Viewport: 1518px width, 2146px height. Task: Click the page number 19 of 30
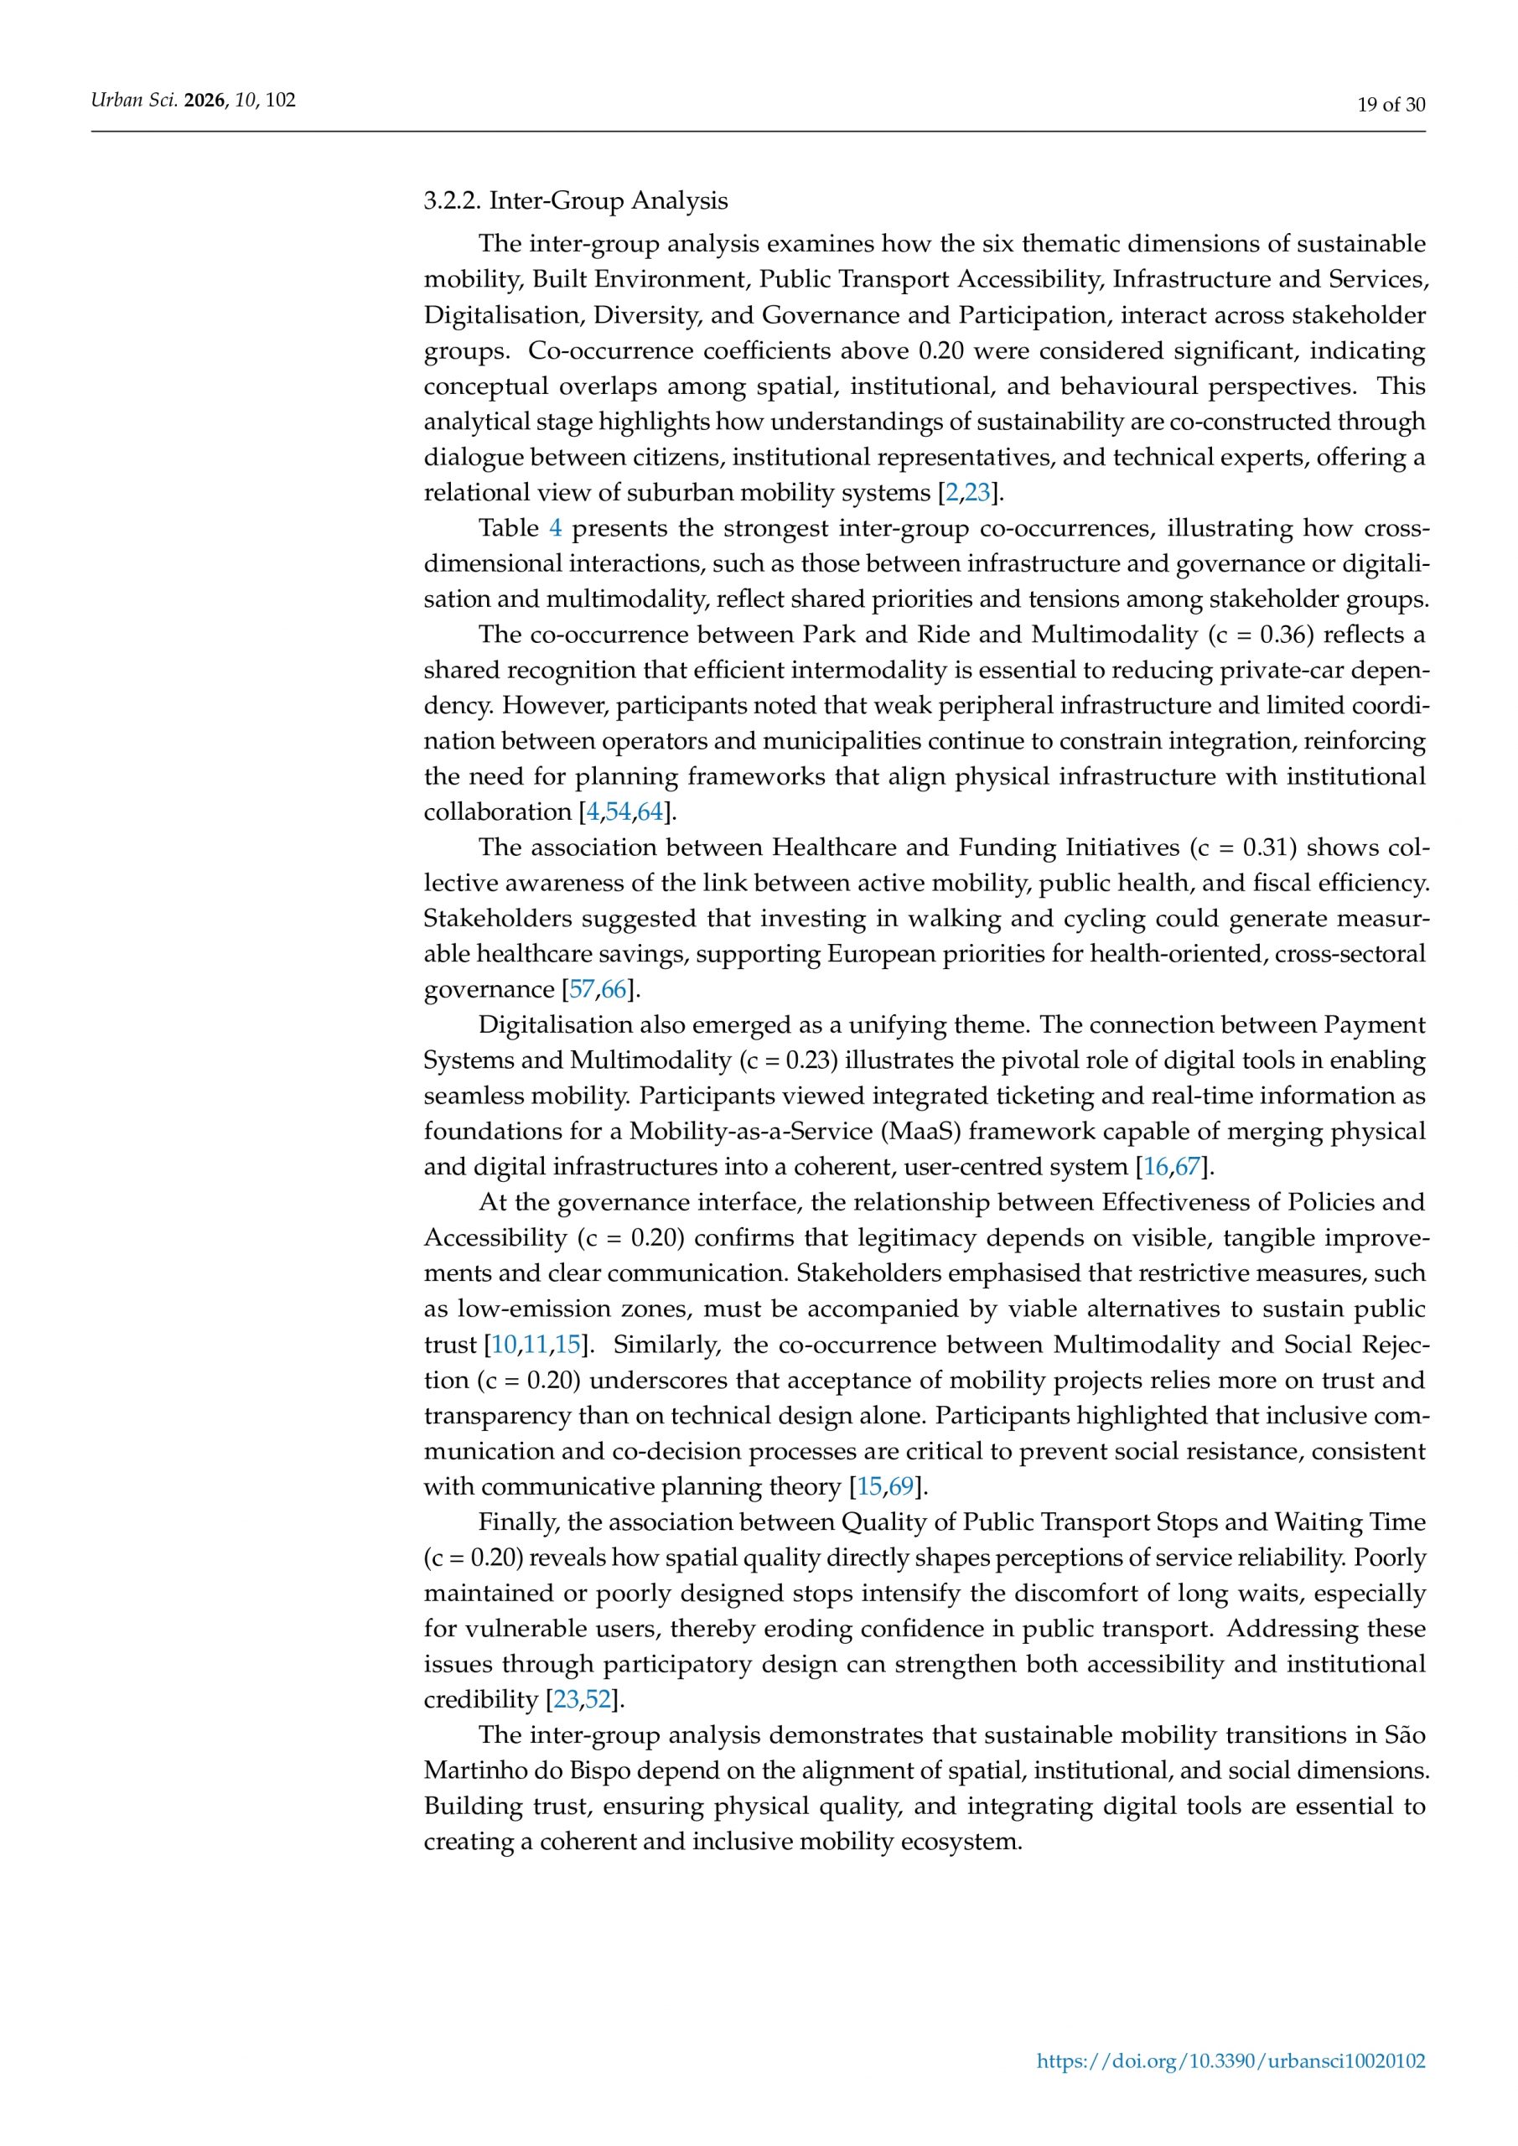coord(1391,105)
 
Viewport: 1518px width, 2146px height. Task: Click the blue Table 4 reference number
coord(555,529)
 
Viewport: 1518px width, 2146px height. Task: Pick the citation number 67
coord(1187,1169)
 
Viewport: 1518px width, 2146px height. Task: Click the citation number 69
coord(901,1488)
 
